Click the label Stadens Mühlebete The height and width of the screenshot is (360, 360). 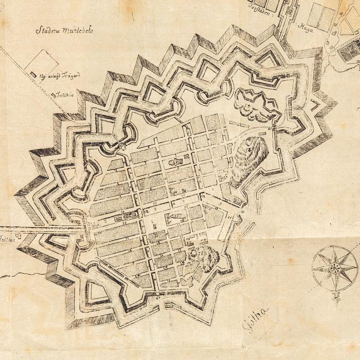64,31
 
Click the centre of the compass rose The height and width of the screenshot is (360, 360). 335,268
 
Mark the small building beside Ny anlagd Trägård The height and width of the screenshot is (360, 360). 33,74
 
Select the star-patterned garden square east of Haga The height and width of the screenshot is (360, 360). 350,50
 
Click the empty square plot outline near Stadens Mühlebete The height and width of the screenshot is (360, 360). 41,66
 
